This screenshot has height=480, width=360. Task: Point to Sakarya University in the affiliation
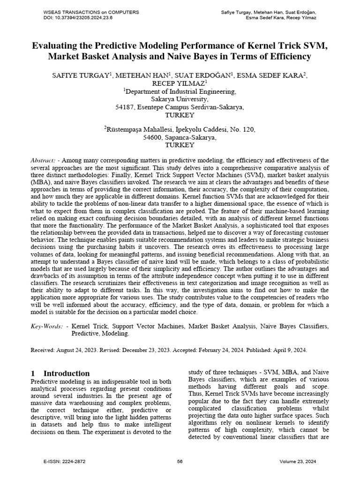[180, 99]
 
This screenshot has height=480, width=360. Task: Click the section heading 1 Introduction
[60, 373]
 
